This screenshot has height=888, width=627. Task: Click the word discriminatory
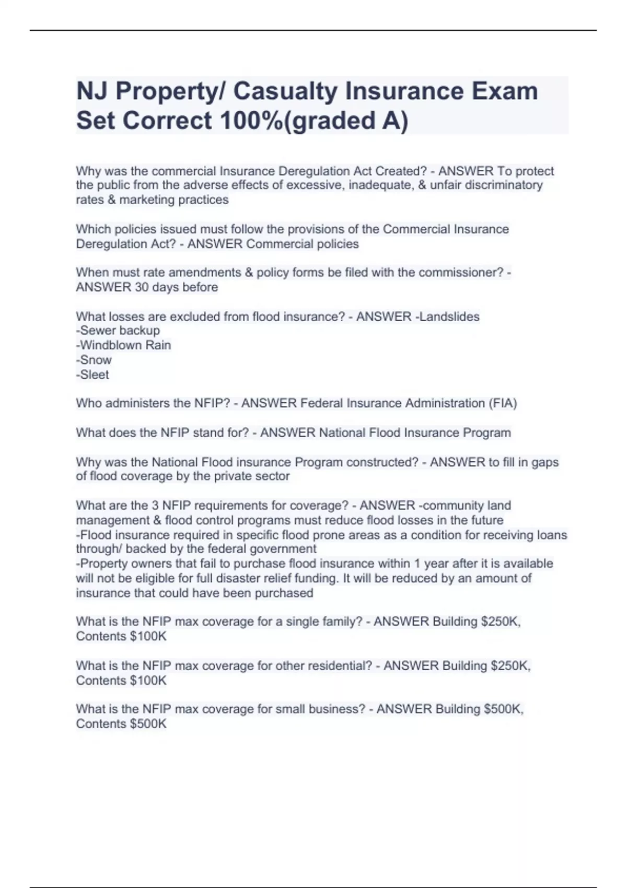504,185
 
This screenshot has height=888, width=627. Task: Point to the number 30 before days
142,287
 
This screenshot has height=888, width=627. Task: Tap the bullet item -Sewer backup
118,331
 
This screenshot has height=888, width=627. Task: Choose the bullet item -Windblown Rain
124,345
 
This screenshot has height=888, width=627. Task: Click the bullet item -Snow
94,360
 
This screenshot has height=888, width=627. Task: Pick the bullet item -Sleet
92,375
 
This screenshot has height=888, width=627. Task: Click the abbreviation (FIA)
503,403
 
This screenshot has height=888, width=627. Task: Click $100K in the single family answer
148,636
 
